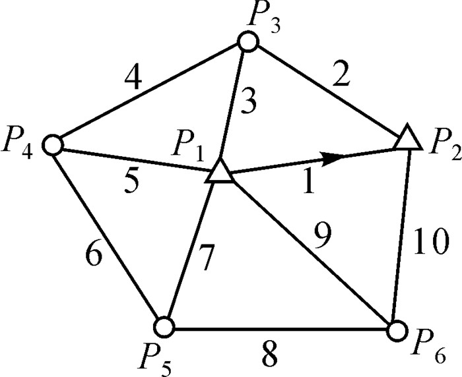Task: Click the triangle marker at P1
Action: pos(219,173)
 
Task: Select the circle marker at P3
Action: pos(247,43)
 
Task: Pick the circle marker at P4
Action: pos(53,143)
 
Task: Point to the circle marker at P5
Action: pos(164,326)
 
